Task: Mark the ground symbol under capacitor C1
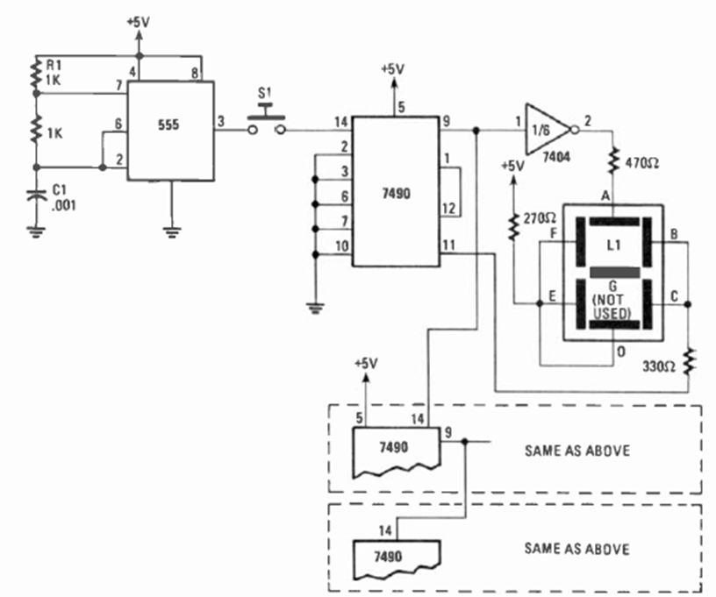click(x=36, y=231)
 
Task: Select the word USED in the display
click(x=612, y=312)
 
